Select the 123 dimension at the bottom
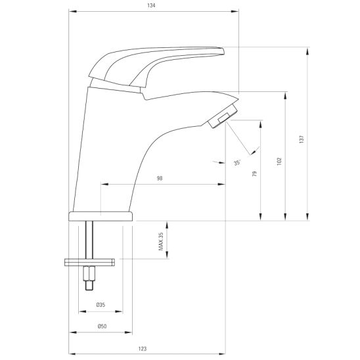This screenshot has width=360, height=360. point(143,348)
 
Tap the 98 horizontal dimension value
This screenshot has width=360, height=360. point(160,179)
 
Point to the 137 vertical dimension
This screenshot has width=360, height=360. point(301,139)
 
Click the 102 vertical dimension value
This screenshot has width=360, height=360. point(279,160)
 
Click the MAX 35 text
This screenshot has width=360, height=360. point(160,242)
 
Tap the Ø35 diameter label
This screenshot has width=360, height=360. point(101,305)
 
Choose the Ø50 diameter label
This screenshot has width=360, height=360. point(101,326)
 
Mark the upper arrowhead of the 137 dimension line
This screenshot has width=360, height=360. point(307,50)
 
